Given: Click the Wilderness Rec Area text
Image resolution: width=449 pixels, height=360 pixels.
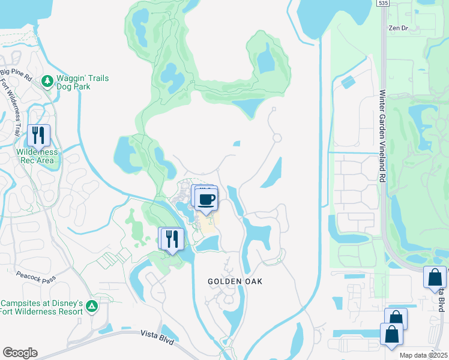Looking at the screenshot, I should point(37,156).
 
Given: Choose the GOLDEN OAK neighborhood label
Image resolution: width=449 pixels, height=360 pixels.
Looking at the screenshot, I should point(235,281).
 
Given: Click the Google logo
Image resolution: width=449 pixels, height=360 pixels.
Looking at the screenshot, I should point(20,352).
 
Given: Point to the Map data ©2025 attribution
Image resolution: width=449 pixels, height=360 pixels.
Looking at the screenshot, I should point(423,355).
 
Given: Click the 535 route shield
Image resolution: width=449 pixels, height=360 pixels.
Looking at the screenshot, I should point(382,4).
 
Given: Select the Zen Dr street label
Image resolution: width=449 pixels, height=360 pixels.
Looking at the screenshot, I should point(397,28).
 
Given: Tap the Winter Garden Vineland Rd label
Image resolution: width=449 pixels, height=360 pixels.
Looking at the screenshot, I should point(382,136).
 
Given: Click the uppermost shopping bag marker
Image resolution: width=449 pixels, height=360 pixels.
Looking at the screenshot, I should point(434,277).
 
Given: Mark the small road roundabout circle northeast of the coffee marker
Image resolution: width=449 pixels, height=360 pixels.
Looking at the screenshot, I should point(277,138).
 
